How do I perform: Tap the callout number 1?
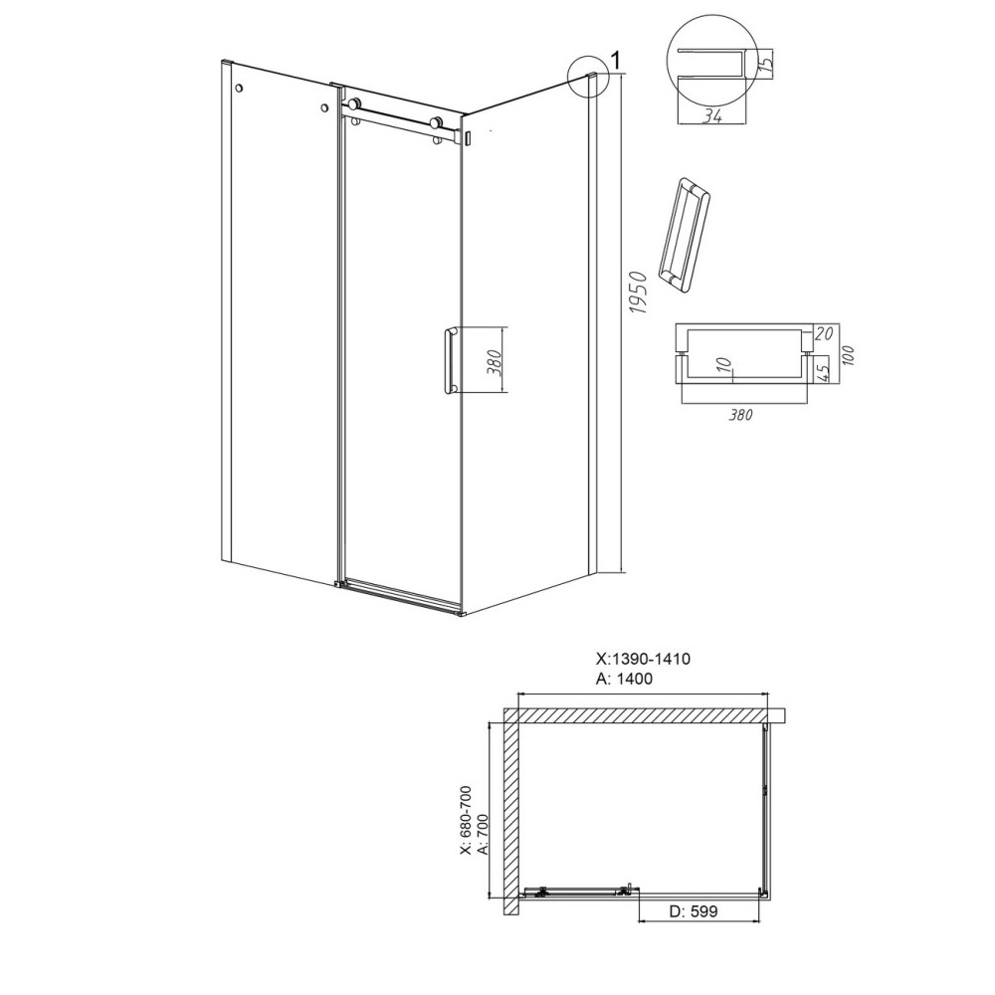click(x=614, y=61)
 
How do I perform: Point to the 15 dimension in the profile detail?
click(x=766, y=63)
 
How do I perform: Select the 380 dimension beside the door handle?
click(x=497, y=362)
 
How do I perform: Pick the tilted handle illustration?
click(x=685, y=236)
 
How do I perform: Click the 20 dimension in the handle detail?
click(x=823, y=333)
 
